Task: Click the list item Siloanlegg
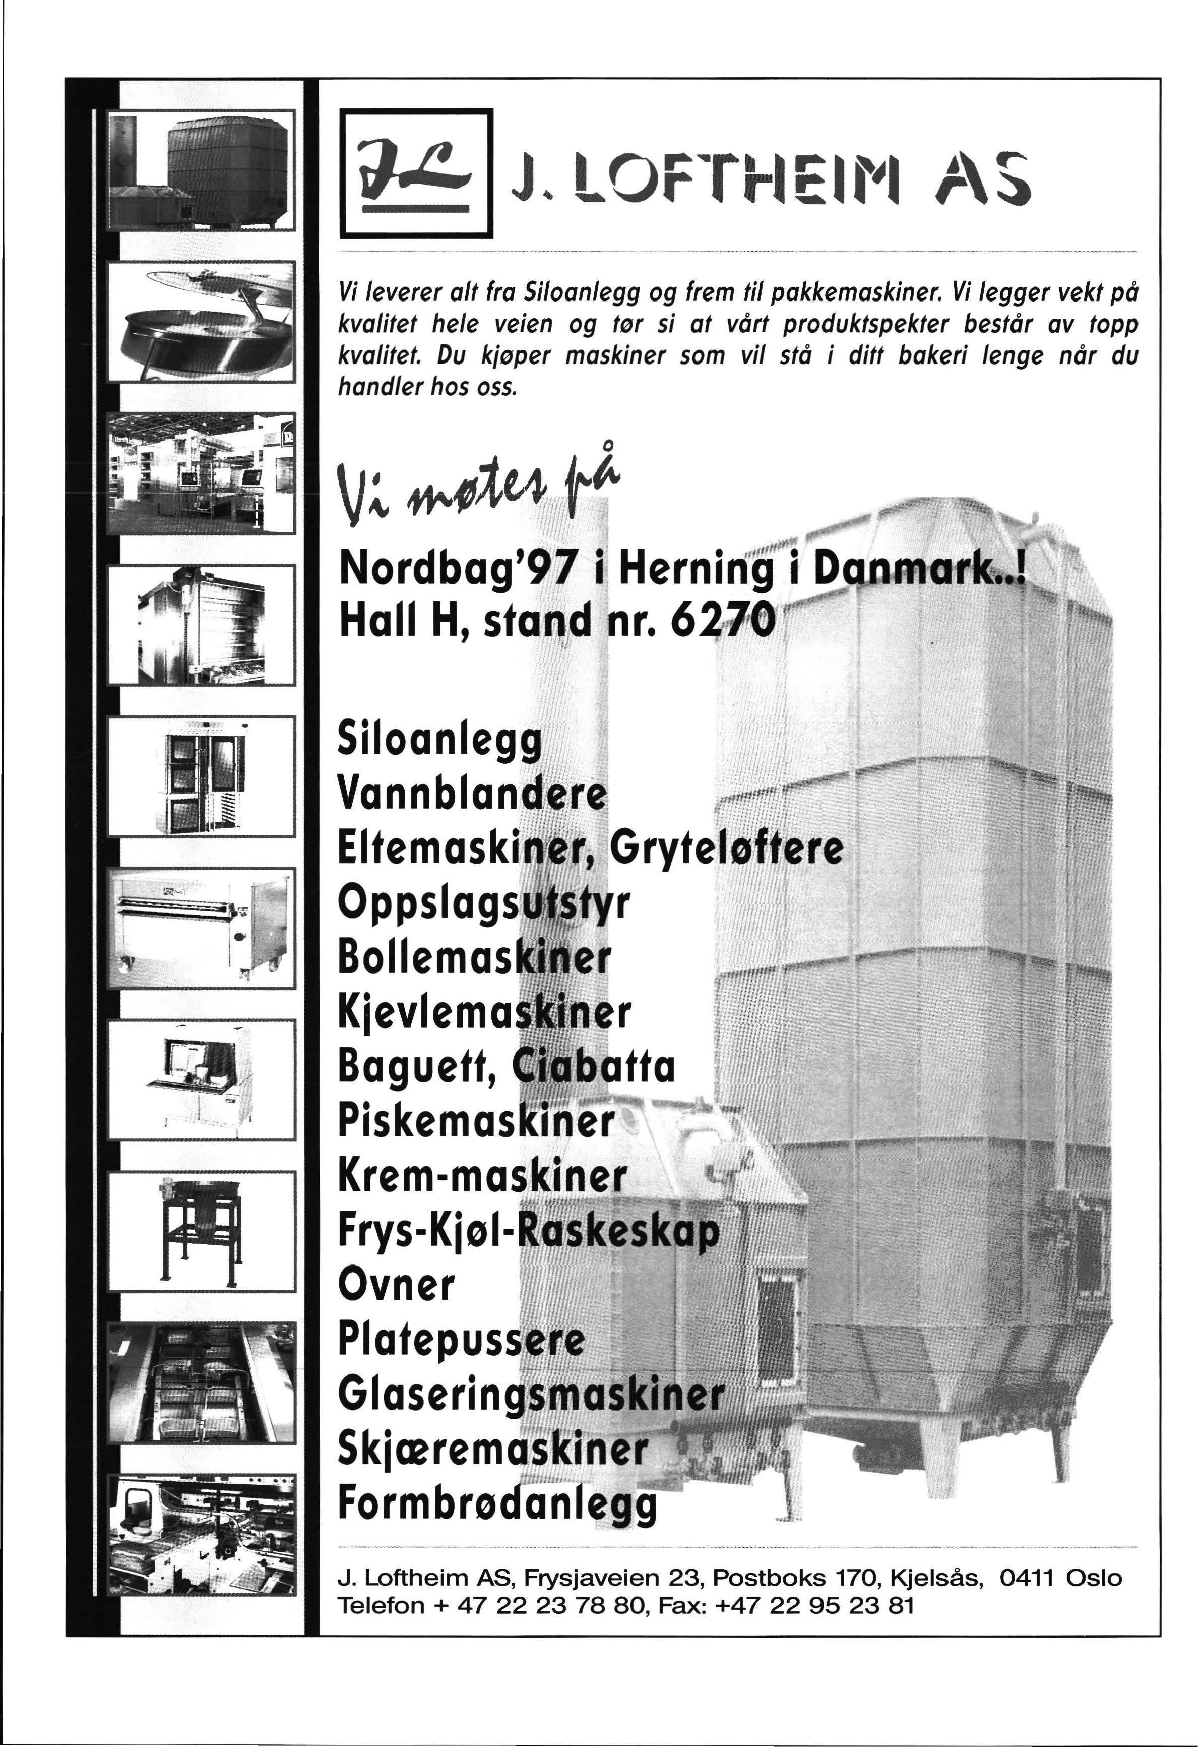440,739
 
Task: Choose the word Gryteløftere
726,847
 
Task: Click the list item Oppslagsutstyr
483,902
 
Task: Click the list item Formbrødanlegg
497,1503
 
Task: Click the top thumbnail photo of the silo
202,171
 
